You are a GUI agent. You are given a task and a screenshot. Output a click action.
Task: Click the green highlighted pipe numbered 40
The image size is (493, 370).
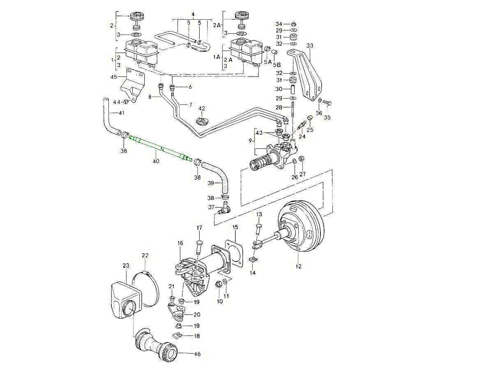160,148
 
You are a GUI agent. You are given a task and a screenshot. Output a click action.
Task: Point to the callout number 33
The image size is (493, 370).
310,45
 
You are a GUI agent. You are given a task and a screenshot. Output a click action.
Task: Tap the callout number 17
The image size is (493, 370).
199,228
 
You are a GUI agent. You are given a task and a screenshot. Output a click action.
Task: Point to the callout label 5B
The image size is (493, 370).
277,65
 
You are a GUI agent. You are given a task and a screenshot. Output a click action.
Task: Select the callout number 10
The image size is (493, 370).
219,301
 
